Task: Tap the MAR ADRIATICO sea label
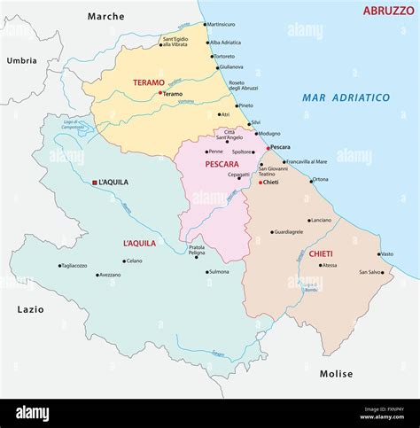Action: point(346,97)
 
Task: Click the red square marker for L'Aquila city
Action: point(95,183)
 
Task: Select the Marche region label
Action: point(106,16)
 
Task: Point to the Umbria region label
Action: point(21,60)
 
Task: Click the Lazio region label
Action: point(29,309)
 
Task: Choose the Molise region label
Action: point(336,374)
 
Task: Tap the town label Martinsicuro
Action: point(221,25)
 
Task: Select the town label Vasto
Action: point(386,254)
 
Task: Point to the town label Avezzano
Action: point(110,275)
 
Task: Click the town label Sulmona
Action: point(218,272)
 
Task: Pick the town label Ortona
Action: point(320,180)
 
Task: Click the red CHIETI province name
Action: point(321,254)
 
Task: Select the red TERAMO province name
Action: point(149,82)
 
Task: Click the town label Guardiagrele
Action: point(288,232)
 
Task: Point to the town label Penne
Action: point(215,152)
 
